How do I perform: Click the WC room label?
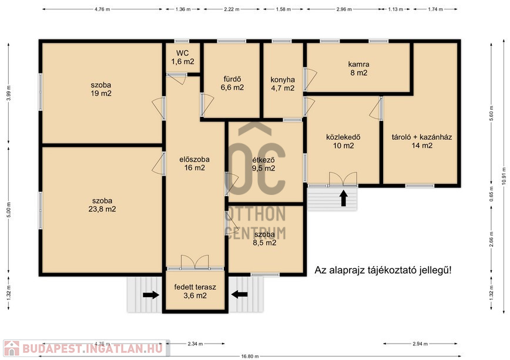[x=183, y=57]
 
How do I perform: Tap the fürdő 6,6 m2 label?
[x=232, y=83]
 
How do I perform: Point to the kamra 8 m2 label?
[x=359, y=68]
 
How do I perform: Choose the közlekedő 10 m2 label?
[x=343, y=142]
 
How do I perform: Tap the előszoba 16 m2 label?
[x=194, y=164]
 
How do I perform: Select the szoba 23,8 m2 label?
[x=102, y=205]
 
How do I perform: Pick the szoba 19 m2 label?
[x=101, y=89]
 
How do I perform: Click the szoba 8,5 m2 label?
[x=264, y=238]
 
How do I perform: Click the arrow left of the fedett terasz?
[x=151, y=295]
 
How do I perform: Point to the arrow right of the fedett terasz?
[x=239, y=294]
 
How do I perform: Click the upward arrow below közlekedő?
[x=344, y=198]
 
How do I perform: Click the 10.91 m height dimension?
[x=504, y=176]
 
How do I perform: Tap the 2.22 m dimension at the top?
[x=231, y=9]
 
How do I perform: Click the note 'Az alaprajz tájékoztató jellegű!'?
[x=383, y=271]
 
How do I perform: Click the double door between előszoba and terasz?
[x=195, y=262]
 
